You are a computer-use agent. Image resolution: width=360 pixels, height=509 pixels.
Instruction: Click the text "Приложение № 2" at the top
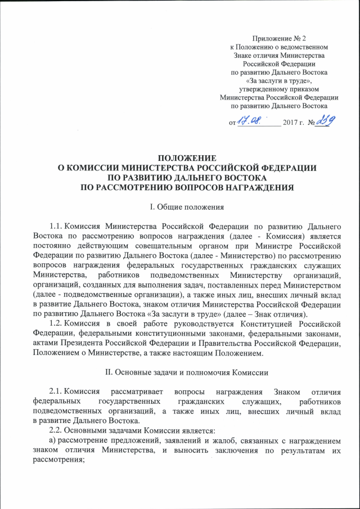point(279,38)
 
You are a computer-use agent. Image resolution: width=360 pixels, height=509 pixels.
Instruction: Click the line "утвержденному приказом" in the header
point(279,89)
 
